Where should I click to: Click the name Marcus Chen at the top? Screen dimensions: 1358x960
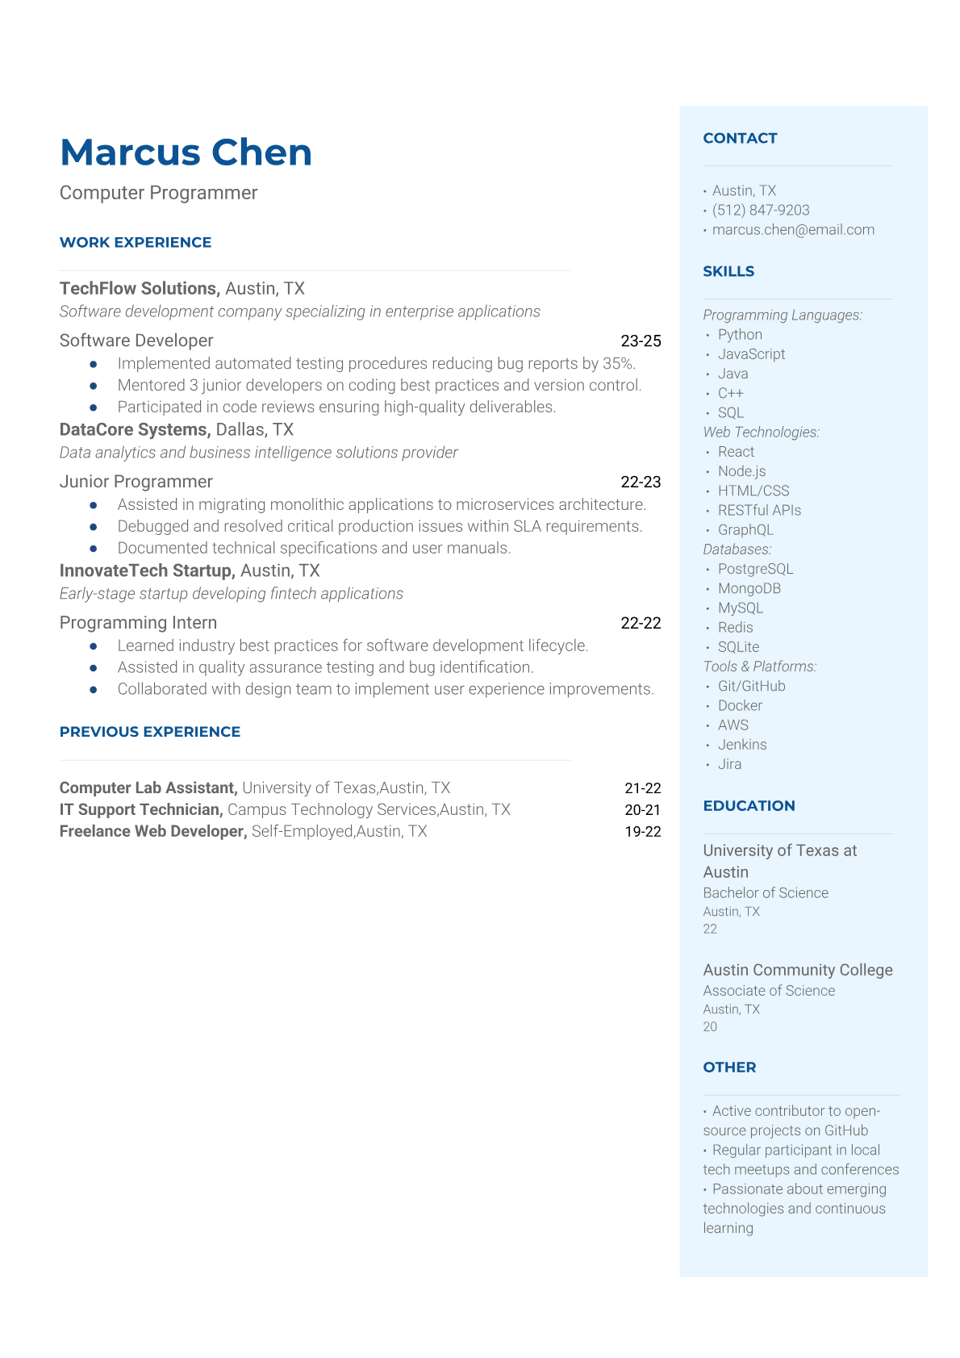[186, 153]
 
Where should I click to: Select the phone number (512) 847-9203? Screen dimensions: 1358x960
[761, 211]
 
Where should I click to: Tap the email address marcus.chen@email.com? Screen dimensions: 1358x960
[793, 230]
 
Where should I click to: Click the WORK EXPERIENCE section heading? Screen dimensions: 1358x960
[136, 243]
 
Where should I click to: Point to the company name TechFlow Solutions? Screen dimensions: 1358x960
[139, 289]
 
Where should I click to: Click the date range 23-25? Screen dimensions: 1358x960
[641, 341]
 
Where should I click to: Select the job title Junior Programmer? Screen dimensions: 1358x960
[136, 482]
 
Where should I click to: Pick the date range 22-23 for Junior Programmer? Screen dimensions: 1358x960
[641, 483]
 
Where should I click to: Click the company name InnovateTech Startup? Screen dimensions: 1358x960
[146, 571]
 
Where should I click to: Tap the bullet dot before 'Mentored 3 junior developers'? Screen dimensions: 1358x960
[94, 387]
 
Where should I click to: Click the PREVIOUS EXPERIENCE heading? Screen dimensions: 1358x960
[150, 732]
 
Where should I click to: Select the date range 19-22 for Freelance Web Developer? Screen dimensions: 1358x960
[642, 832]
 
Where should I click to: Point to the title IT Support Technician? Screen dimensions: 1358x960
[140, 810]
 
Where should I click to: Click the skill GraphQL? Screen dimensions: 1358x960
[745, 530]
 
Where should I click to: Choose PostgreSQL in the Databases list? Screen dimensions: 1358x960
[755, 570]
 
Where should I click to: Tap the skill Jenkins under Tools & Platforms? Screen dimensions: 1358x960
[742, 745]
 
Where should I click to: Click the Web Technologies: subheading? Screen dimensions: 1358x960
[761, 432]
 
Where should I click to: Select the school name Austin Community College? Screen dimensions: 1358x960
[797, 970]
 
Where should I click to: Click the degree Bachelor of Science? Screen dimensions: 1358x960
[766, 893]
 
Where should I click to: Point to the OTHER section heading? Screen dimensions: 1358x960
[729, 1068]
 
